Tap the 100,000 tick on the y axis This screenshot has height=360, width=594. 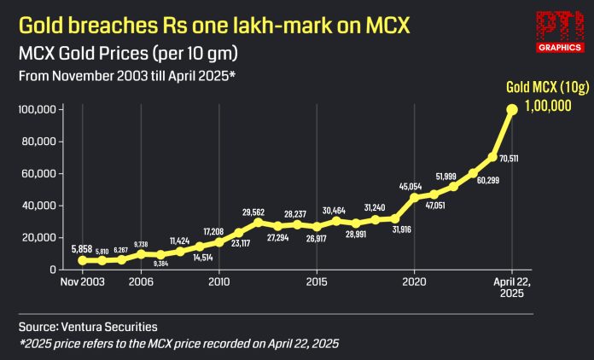coord(38,110)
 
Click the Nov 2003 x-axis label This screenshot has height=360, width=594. coord(83,281)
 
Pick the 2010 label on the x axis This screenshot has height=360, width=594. coord(219,281)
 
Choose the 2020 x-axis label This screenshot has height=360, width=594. coord(415,281)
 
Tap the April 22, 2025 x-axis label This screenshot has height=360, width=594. coord(512,287)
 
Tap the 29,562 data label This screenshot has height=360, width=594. coord(256,212)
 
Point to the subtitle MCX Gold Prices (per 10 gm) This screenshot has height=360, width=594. coord(128,55)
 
